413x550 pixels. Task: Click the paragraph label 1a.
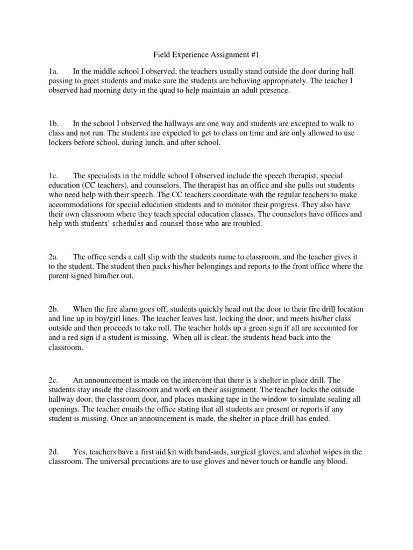tap(53, 71)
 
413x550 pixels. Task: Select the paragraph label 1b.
tap(53, 124)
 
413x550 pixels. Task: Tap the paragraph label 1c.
tap(53, 176)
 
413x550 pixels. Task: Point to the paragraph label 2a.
tap(53, 257)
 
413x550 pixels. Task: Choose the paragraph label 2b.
tap(53, 309)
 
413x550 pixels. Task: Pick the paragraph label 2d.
tap(53, 452)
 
